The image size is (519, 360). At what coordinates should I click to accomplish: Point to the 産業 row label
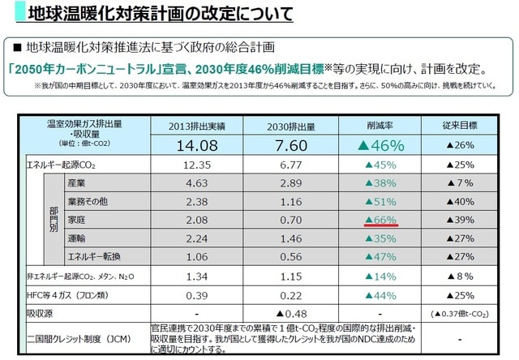[78, 183]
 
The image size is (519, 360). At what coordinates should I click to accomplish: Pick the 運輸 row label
[78, 238]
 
